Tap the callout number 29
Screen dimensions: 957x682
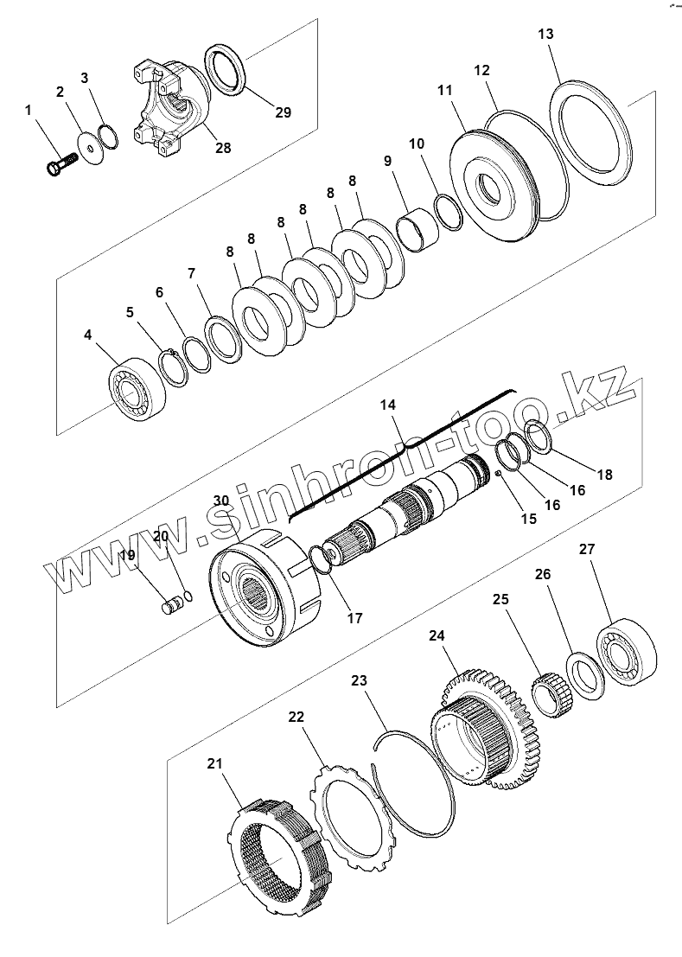pos(284,112)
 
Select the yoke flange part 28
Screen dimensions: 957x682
pos(173,104)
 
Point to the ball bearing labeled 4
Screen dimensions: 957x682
pos(133,388)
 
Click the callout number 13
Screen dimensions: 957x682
pos(545,35)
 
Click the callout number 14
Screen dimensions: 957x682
pos(387,404)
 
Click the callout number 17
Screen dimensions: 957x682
pos(354,618)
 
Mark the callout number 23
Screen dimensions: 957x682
pos(359,681)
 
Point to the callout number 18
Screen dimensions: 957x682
pos(604,474)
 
